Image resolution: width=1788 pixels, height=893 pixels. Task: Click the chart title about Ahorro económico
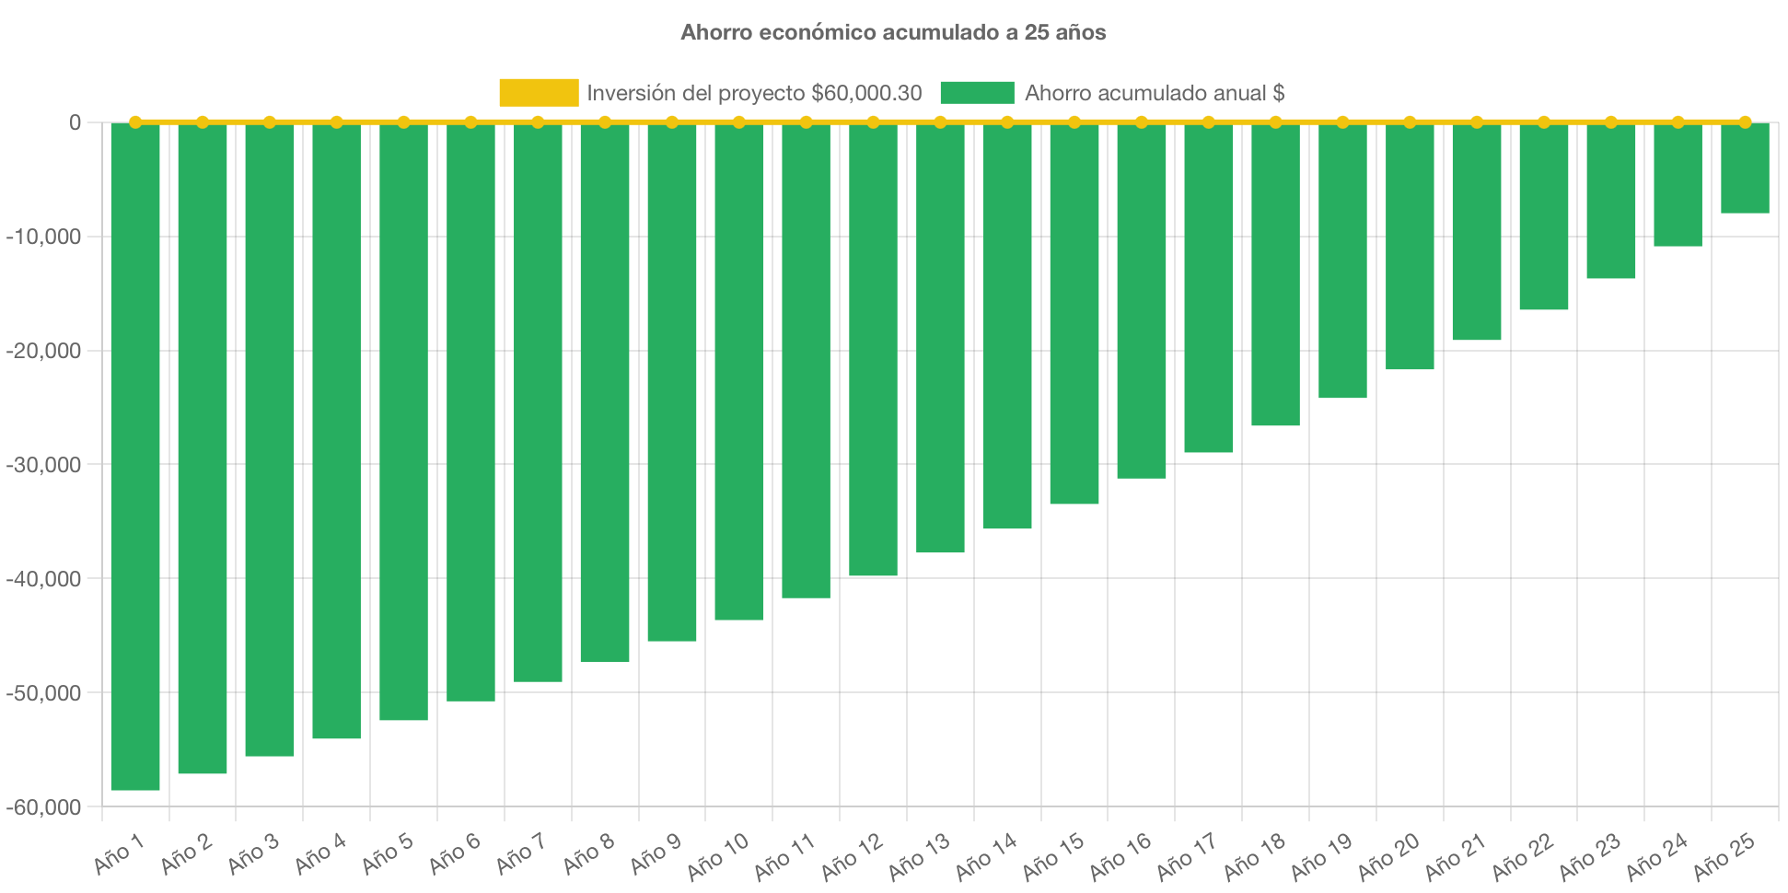[893, 32]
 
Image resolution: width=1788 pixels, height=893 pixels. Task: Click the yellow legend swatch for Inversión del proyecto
[539, 93]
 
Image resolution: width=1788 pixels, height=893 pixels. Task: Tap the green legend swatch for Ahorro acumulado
[977, 93]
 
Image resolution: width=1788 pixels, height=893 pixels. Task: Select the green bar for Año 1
[135, 456]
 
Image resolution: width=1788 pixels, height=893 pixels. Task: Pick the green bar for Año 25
[1745, 168]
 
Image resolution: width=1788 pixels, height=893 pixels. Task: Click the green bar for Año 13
[940, 338]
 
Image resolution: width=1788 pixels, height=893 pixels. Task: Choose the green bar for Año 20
[1410, 247]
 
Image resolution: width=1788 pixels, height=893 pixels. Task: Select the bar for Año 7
[538, 402]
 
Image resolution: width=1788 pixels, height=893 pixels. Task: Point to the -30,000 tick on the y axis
[44, 465]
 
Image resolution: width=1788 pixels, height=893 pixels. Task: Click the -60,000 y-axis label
[44, 807]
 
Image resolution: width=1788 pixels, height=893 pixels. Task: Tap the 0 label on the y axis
[75, 122]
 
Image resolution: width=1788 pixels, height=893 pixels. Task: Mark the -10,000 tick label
[44, 237]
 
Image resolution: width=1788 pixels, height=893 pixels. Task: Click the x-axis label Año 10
[719, 855]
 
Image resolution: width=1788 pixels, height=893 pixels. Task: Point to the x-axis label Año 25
[1724, 855]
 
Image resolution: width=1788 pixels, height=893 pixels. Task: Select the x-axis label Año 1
[120, 853]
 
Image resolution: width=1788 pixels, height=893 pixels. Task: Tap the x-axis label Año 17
[1188, 855]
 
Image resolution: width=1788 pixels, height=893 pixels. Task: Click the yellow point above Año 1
[135, 122]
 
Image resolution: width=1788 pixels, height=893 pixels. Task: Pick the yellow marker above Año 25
[1745, 122]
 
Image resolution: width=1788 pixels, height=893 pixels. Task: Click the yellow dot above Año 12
[873, 122]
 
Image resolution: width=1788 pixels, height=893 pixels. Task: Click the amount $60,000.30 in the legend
[866, 93]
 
